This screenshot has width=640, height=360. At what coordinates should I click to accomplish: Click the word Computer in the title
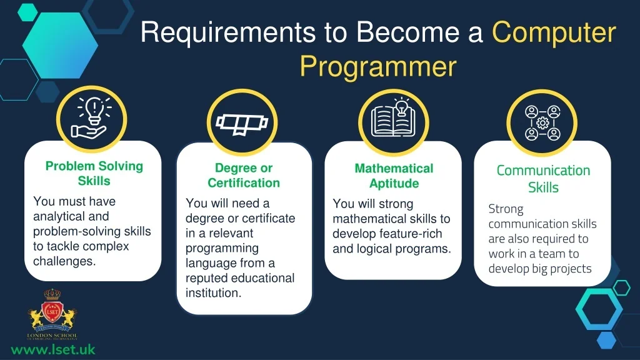point(554,32)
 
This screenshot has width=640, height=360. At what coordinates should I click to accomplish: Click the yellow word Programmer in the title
point(378,67)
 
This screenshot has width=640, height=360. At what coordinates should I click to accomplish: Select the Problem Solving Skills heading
point(94,174)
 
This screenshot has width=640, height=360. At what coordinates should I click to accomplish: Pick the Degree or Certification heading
point(244,176)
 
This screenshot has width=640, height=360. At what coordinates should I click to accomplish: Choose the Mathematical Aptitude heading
point(394,176)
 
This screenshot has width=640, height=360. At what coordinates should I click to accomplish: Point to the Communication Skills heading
point(543,179)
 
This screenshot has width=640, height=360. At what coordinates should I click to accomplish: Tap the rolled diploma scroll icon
point(242,124)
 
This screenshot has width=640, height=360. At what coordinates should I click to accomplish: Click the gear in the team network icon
point(542,123)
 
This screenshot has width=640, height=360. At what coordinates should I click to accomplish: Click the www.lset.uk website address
point(53,350)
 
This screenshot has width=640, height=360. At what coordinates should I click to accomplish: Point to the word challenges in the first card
point(64,261)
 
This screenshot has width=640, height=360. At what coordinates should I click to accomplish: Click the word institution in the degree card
point(214,293)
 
